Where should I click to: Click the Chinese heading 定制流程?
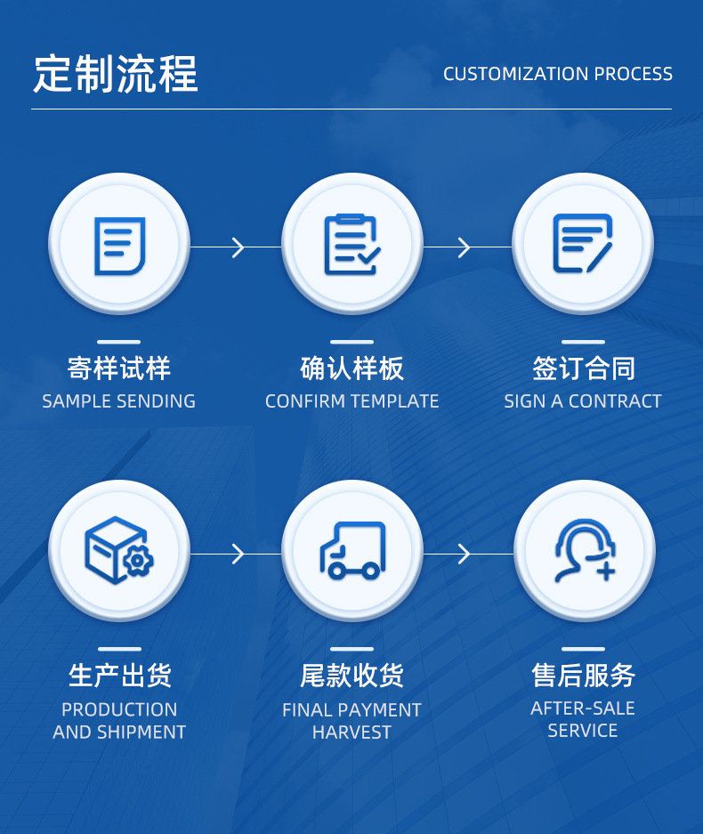pos(116,74)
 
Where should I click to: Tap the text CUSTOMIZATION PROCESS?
pos(557,74)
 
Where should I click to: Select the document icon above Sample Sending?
pos(119,245)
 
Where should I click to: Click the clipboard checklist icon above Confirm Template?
pos(351,245)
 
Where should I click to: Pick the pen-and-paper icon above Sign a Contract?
pos(583,244)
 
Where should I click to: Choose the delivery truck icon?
pos(351,552)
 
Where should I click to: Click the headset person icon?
pos(584,551)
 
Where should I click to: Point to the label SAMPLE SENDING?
pos(119,401)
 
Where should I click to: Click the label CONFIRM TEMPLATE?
pos(351,401)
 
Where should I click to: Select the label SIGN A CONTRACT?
pos(583,401)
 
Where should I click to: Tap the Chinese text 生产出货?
pos(119,676)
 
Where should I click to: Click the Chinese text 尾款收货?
pos(351,676)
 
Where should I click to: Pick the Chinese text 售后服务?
pos(583,676)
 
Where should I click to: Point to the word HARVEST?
pos(351,733)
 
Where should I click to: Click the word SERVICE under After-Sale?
pos(583,731)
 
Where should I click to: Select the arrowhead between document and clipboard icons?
pos(238,247)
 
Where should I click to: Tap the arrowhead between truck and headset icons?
pos(464,554)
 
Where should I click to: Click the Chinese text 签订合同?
pos(583,368)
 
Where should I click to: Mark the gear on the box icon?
pos(139,562)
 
